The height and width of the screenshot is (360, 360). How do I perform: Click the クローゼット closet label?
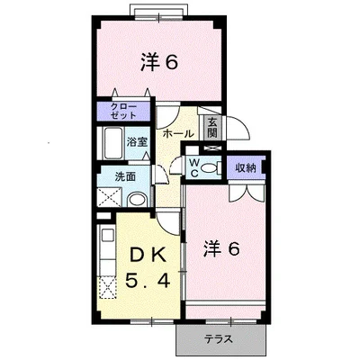pos(123,111)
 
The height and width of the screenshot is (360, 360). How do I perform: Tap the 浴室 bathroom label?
pos(137,142)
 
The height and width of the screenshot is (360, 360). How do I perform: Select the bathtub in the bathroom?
pos(112,144)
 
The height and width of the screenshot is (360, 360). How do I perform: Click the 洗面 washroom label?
pos(125,176)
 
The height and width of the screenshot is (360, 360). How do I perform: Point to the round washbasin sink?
pos(137,200)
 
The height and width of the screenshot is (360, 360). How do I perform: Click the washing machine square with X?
pos(109,197)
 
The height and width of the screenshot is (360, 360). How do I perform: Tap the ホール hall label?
pos(178,133)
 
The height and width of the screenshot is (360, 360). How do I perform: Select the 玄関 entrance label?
pos(212,127)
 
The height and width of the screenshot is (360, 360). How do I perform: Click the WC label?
pos(194,168)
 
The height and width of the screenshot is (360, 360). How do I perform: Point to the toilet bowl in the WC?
pos(209,167)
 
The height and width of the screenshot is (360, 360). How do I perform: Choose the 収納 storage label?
pos(246,168)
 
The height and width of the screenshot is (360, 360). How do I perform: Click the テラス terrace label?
pos(219,339)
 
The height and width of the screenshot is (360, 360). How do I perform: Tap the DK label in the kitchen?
pos(148,256)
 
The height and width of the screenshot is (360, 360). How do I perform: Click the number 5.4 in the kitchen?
pos(148,281)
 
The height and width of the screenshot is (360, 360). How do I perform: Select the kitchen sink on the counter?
pos(108,235)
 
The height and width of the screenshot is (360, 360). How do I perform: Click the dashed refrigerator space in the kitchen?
pos(107,287)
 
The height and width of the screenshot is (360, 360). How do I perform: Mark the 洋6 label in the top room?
pos(159,62)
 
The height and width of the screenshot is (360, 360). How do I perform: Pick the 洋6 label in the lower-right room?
pos(221,248)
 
